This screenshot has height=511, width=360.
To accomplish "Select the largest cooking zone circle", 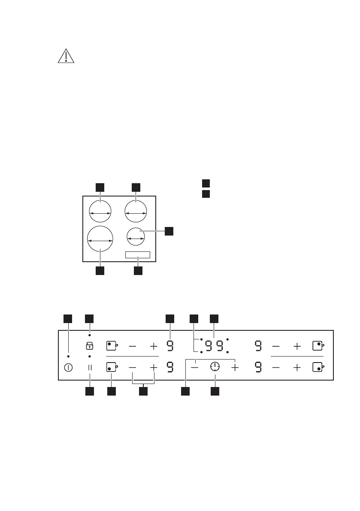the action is pos(100,239).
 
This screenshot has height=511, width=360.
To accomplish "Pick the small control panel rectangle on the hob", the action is pos(138,255).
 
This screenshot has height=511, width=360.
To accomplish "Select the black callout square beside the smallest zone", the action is pos(169,231).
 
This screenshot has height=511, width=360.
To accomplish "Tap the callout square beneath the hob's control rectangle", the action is pos(138,271).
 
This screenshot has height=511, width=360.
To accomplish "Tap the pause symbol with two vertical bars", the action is pos(90,367).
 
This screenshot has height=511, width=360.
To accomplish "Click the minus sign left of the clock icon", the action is pos(195,367).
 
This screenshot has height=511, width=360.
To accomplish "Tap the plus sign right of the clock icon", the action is pos(235,367).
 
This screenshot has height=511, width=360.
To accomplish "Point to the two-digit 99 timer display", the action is pos(214,345).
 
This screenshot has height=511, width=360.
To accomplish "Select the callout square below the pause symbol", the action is pos(90,391).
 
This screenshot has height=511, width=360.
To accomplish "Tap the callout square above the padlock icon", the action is pos(90,318).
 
